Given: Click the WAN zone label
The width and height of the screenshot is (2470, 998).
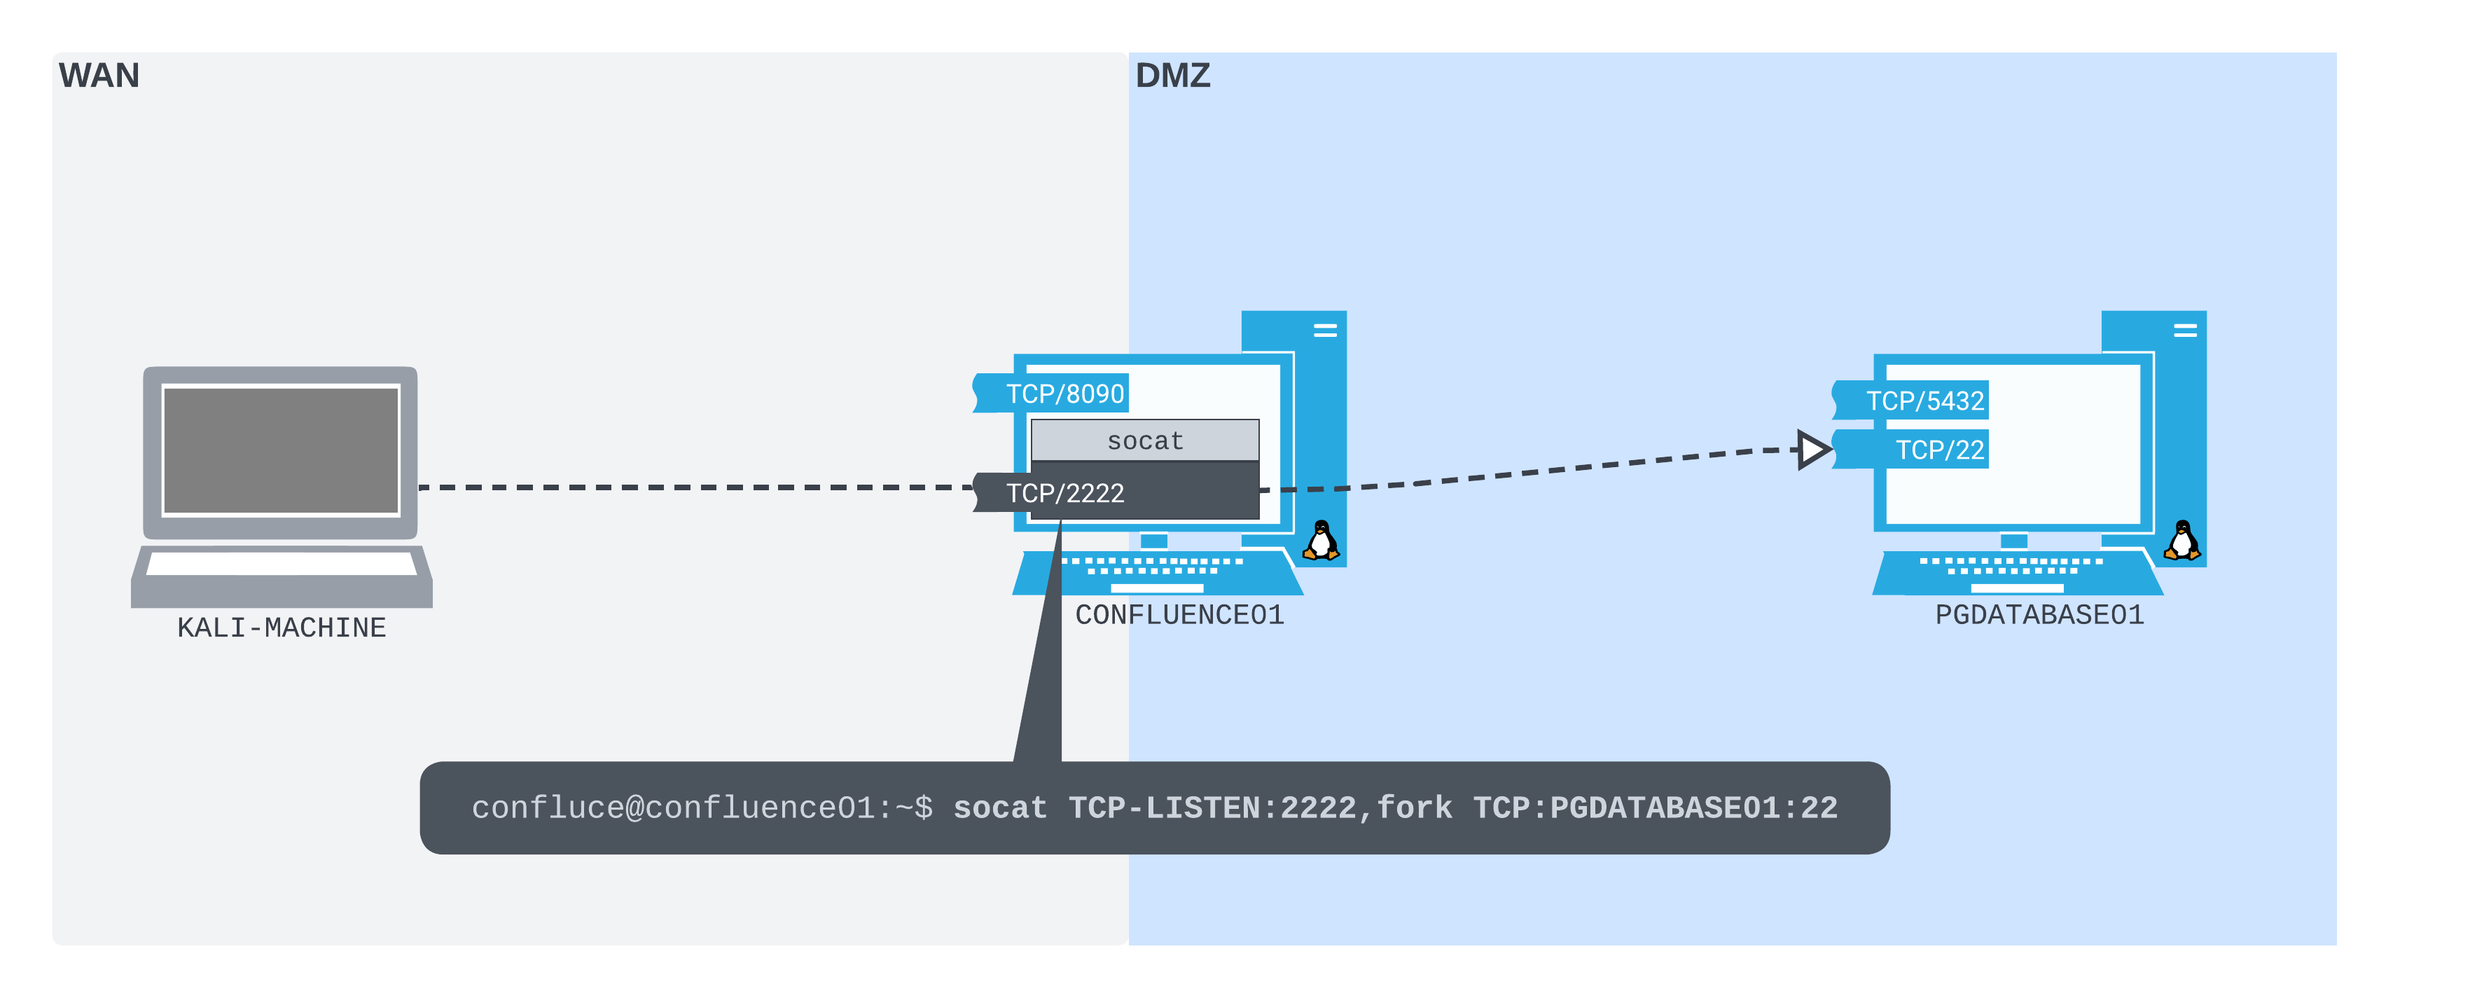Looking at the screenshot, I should (x=99, y=76).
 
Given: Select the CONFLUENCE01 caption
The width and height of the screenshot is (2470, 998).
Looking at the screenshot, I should (x=1179, y=614).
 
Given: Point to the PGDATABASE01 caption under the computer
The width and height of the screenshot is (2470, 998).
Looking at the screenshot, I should (x=2039, y=614).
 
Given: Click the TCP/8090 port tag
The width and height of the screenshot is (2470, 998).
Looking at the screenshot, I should (x=1063, y=393).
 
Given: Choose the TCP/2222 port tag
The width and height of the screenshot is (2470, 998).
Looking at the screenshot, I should (x=1063, y=493).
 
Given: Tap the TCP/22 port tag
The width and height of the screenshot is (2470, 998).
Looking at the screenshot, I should (x=1938, y=450).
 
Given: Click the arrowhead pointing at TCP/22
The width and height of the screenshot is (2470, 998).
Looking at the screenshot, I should (x=1811, y=450).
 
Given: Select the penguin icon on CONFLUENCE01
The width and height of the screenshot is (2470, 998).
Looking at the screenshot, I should (x=1321, y=541).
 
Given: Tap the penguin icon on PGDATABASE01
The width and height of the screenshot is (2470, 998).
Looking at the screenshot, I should (x=2182, y=541).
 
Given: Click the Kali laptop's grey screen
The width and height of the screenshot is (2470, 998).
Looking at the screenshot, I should (x=281, y=450).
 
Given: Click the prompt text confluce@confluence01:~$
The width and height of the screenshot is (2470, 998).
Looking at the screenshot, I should (x=701, y=808).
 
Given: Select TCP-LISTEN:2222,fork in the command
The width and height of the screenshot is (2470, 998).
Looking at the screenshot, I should (x=1260, y=808).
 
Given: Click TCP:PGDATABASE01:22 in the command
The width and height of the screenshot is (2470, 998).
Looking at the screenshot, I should (x=1655, y=808).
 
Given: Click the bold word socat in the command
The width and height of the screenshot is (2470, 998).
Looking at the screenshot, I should (x=999, y=808).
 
